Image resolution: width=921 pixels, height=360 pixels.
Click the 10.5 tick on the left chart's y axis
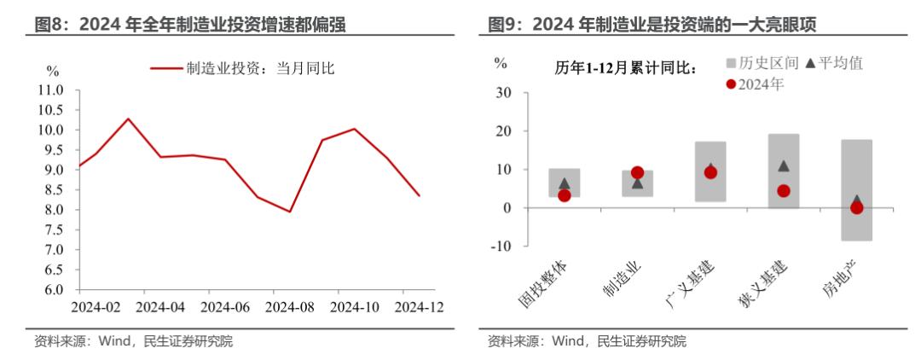click(50, 109)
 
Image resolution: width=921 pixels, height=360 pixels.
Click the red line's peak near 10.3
click(128, 119)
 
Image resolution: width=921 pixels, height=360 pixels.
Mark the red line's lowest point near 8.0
click(290, 212)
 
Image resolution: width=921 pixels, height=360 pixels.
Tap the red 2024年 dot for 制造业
click(637, 173)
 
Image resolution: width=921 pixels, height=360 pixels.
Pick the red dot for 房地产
click(857, 207)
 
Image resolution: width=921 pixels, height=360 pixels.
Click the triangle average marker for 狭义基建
click(784, 166)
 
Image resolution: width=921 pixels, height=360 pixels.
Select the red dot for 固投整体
click(564, 195)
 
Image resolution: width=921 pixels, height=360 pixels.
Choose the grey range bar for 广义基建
click(710, 171)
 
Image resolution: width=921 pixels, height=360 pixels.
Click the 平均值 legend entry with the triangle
click(840, 63)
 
